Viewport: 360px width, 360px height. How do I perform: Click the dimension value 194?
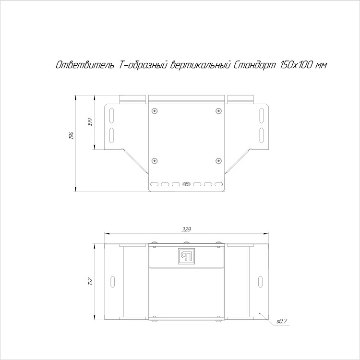click(x=72, y=136)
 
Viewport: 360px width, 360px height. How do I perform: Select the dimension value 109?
click(x=90, y=122)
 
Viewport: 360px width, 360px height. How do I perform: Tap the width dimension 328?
click(x=186, y=229)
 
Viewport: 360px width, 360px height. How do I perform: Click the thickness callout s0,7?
click(x=282, y=322)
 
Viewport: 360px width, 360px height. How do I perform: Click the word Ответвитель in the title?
click(x=85, y=65)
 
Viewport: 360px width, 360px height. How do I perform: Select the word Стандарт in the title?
click(x=254, y=65)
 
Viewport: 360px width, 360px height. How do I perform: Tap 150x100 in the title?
click(x=296, y=65)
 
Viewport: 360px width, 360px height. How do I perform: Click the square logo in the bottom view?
click(x=186, y=256)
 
